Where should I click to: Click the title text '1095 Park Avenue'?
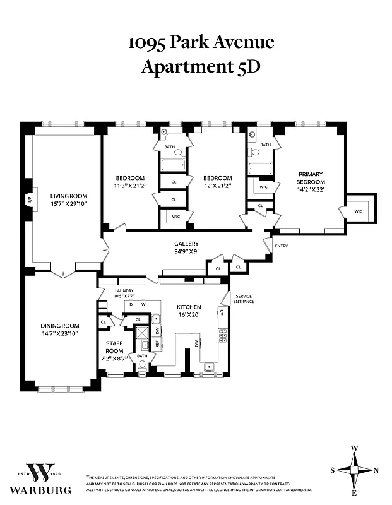(201, 42)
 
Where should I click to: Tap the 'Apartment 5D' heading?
(200, 66)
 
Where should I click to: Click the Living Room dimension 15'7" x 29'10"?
(69, 204)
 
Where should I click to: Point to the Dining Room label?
(59, 326)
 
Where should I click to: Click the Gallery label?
(186, 243)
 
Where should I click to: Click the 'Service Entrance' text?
(244, 299)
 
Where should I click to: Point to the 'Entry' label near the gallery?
(281, 246)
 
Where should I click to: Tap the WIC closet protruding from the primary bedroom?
(359, 211)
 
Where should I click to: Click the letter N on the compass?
(377, 470)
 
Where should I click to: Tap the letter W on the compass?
(355, 448)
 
